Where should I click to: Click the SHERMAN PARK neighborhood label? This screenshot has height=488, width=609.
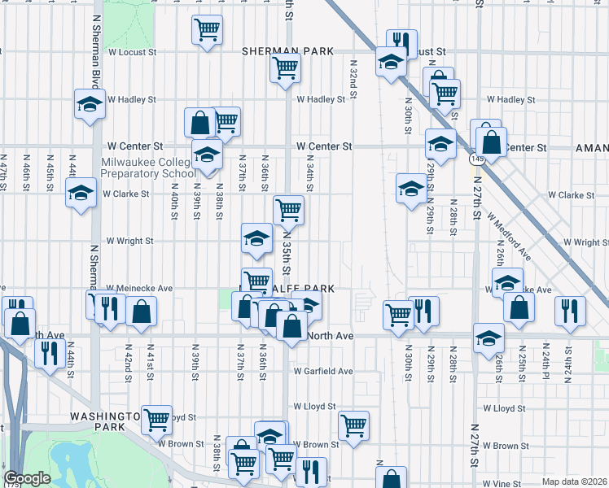tap(287, 51)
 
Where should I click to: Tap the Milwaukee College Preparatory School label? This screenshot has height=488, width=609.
tap(147, 167)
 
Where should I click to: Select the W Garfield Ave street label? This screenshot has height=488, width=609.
tap(322, 371)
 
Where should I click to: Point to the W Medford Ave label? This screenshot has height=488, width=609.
tap(509, 237)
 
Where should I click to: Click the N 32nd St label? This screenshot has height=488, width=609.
tap(354, 78)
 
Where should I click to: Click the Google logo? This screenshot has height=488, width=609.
tap(27, 478)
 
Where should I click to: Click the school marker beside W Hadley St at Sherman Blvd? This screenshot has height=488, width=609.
tap(90, 103)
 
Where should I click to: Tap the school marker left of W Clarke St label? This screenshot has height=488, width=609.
tap(81, 194)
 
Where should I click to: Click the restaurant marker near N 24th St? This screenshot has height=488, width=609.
tap(570, 311)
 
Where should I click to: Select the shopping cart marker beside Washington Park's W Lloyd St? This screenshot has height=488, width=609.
tap(156, 419)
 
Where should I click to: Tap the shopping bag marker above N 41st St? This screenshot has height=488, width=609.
tap(142, 311)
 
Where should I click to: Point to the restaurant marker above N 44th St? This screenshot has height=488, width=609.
tap(50, 353)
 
